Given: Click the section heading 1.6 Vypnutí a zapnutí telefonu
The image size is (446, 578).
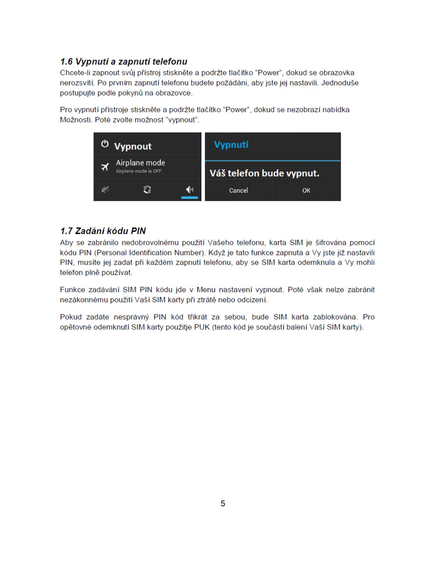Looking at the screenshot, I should coord(123,62).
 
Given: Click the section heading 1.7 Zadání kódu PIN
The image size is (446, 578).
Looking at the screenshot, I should coord(103,231).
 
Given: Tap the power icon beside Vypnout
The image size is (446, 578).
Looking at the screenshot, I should coord(105,144).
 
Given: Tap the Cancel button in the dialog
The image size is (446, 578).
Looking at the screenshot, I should coord(238,190).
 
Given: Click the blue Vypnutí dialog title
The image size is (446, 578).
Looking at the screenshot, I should coord(231,145).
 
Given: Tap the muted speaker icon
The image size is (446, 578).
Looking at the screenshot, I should coord(105,190).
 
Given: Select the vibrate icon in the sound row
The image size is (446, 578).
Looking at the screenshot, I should coord(147,190).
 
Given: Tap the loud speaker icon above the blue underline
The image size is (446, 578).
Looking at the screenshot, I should coord(190,190).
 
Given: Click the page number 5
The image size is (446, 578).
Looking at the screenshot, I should coord(223,503).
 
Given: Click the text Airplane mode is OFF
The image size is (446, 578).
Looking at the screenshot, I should coord(139,171).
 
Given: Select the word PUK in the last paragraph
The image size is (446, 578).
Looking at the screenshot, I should coord(202,327).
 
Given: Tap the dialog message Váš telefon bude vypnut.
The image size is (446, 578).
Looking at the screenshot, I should coord(264,173).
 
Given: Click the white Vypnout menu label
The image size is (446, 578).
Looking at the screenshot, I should coord(133,146).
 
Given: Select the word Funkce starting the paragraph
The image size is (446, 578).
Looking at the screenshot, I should coord(72,290).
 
